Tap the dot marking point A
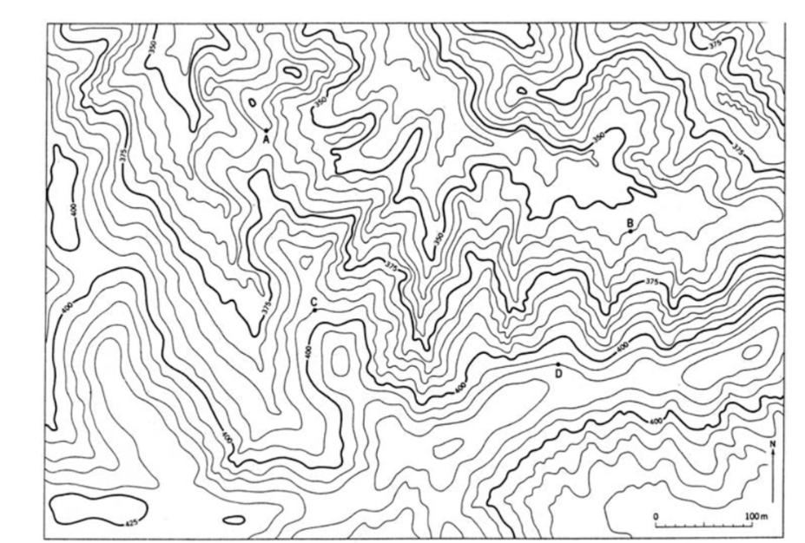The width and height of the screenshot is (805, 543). [266, 131]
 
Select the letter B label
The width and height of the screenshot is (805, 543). [630, 222]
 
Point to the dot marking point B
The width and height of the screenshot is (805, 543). [630, 232]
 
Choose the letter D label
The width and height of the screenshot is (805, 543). [558, 374]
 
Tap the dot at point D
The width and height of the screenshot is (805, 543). [558, 364]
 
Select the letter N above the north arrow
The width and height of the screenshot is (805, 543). [772, 446]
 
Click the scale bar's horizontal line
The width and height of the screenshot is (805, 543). [703, 526]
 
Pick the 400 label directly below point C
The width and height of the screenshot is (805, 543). [309, 351]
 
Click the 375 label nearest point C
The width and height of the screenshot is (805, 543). [265, 306]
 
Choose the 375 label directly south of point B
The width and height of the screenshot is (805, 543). [653, 282]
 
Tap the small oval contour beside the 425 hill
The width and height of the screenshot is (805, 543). [234, 520]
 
